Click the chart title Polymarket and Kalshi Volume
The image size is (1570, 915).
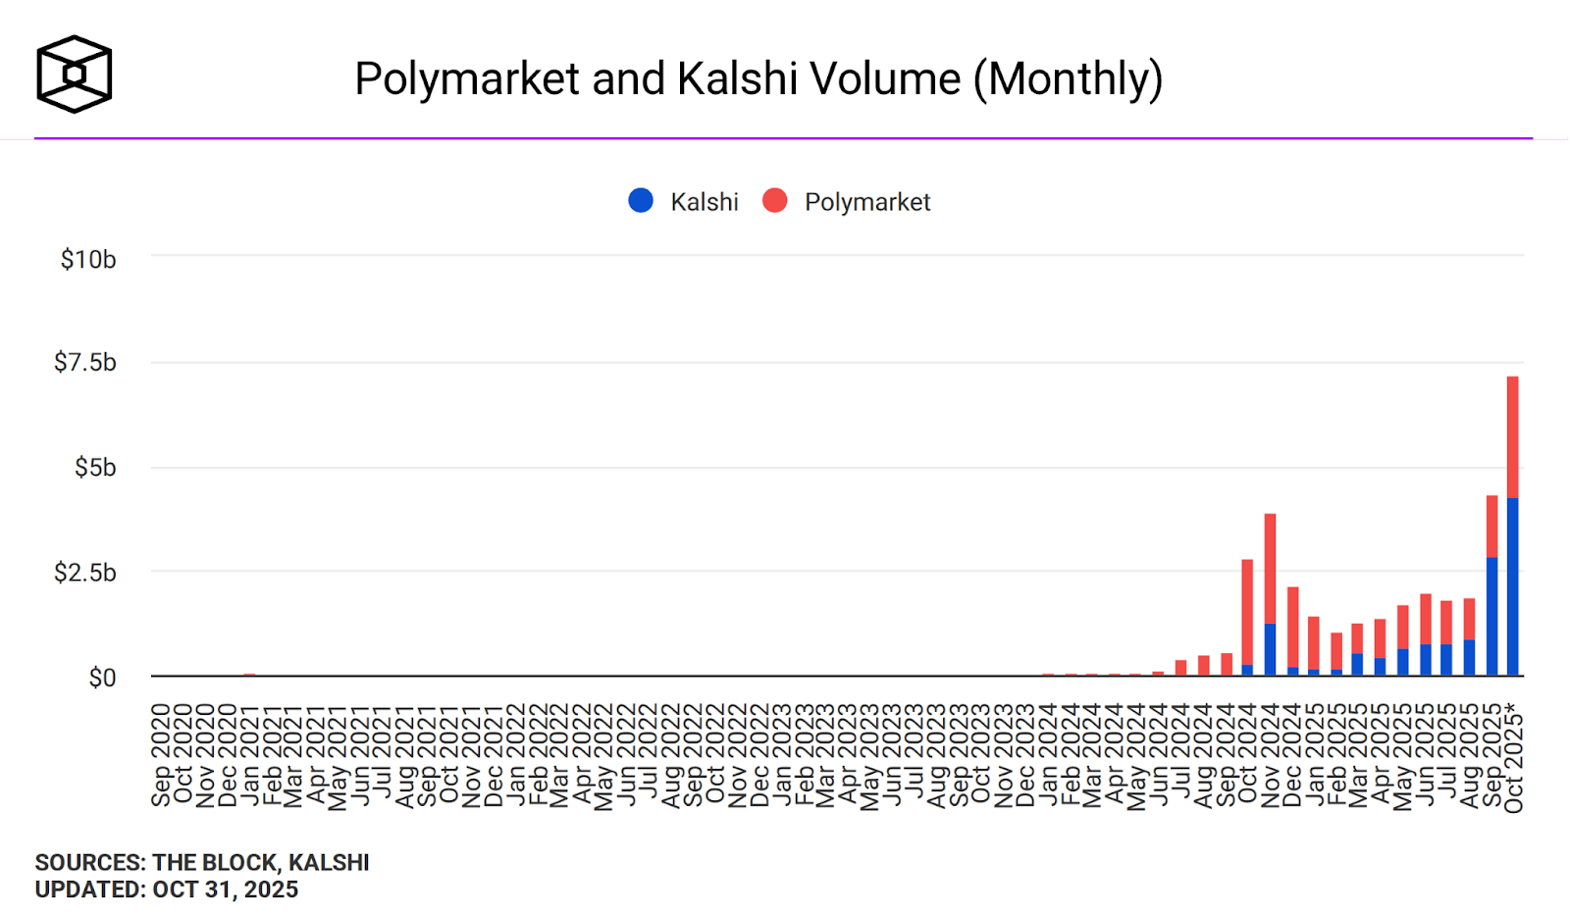pyautogui.click(x=759, y=78)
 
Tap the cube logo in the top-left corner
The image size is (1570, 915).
pyautogui.click(x=75, y=75)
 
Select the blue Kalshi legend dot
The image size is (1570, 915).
pyautogui.click(x=641, y=201)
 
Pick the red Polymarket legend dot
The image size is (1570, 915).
pyautogui.click(x=775, y=201)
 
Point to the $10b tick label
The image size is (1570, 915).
pyautogui.click(x=88, y=260)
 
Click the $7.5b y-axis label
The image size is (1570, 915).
pyautogui.click(x=85, y=363)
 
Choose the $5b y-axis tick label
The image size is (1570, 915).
pyautogui.click(x=95, y=468)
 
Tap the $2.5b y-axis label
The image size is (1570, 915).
pyautogui.click(x=85, y=573)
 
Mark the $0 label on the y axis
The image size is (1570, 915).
pyautogui.click(x=102, y=678)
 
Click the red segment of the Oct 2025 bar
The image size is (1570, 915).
pyautogui.click(x=1512, y=436)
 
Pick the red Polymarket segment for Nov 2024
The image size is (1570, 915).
pyautogui.click(x=1270, y=569)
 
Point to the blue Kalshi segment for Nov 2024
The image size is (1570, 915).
pyautogui.click(x=1270, y=649)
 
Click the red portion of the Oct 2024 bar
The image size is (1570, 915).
pyautogui.click(x=1247, y=612)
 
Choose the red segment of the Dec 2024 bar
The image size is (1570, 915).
pyautogui.click(x=1292, y=627)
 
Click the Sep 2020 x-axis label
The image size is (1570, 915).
pyautogui.click(x=161, y=754)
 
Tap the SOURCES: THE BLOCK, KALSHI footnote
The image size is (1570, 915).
pyautogui.click(x=202, y=863)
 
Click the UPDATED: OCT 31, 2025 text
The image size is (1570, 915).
pyautogui.click(x=167, y=890)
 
